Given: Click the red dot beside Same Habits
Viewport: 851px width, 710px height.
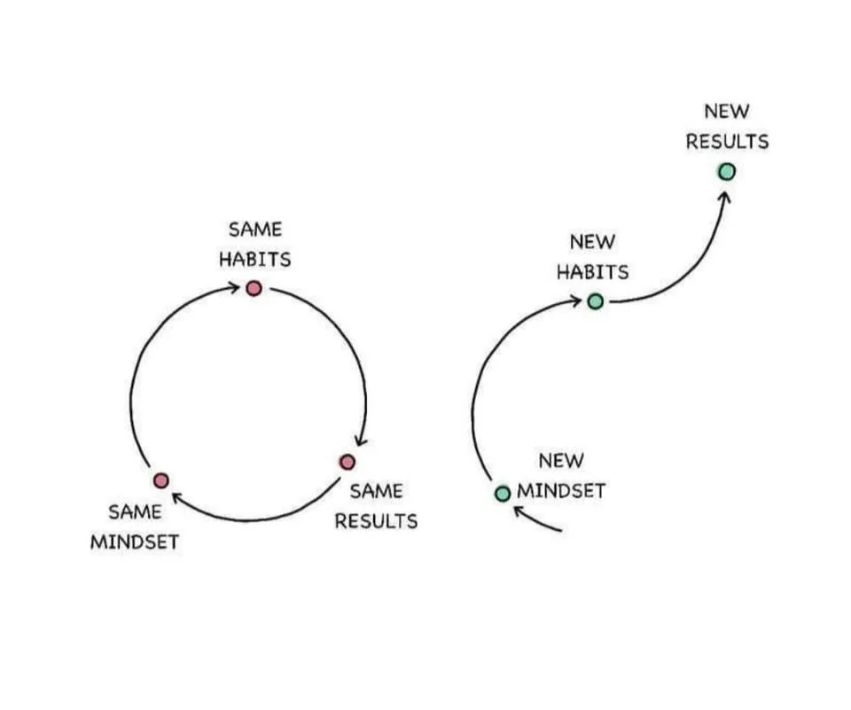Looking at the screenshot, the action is click(x=254, y=288).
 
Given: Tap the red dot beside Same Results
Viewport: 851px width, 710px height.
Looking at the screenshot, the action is click(x=347, y=462).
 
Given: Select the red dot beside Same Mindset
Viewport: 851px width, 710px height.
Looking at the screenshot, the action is click(x=160, y=480).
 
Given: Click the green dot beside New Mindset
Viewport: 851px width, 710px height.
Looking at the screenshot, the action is click(x=503, y=493).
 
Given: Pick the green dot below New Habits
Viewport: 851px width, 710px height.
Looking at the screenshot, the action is click(x=596, y=301).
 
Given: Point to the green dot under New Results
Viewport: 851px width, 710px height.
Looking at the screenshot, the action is click(x=727, y=172).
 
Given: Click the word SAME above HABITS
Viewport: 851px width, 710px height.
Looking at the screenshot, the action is click(x=255, y=230).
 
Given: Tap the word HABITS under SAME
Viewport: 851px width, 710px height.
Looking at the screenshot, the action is click(x=255, y=260).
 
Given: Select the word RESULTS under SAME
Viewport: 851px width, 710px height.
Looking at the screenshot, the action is click(x=376, y=521).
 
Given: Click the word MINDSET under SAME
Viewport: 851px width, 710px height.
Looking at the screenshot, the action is click(x=135, y=542).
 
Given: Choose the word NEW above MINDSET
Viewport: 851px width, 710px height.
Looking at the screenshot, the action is click(x=561, y=461).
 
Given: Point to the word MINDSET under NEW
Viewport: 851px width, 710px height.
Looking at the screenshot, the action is click(x=561, y=491).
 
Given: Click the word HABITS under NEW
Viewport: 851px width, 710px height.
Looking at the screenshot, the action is click(x=592, y=272).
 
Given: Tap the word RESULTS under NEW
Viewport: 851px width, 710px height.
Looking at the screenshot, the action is click(x=727, y=142).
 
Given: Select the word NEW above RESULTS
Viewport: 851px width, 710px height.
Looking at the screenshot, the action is click(x=727, y=112).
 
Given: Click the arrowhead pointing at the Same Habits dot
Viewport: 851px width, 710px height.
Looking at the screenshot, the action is click(x=234, y=286).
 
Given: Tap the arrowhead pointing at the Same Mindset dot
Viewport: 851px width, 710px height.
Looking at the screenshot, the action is click(x=177, y=499).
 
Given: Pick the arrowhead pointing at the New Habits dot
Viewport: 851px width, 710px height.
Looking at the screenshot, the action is click(x=575, y=301).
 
